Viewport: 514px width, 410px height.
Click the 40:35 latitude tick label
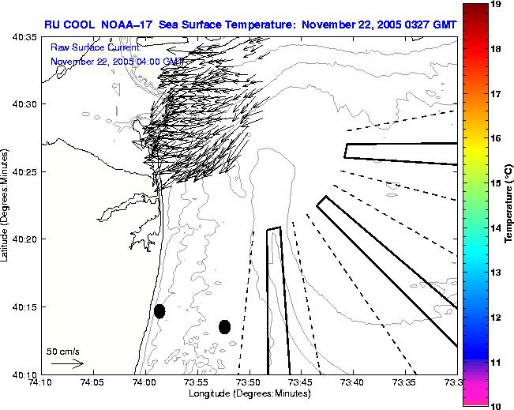[24, 36]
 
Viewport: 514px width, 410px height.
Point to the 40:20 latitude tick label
[24, 239]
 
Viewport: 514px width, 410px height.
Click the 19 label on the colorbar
[496, 5]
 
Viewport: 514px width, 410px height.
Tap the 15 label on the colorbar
[496, 182]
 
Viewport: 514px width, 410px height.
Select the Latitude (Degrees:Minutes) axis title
[6, 205]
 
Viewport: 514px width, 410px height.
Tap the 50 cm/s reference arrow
[67, 363]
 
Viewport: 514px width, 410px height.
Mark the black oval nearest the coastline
[159, 311]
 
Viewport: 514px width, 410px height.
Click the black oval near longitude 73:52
[224, 326]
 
